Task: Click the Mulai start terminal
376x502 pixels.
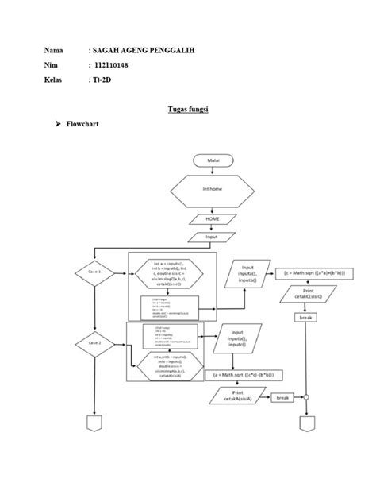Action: pos(213,160)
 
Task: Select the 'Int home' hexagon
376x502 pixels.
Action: pos(213,190)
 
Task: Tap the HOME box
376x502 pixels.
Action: pos(213,218)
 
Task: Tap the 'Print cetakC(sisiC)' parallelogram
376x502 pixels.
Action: pos(305,295)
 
